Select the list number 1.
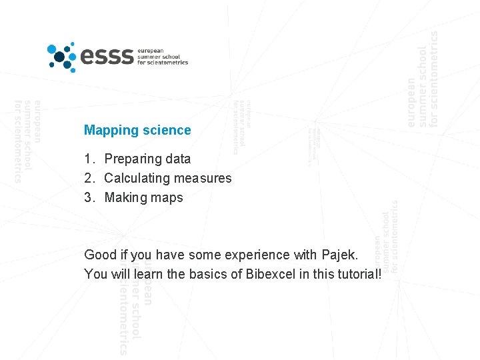click(89, 159)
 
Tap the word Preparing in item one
click(129, 159)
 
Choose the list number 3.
click(89, 198)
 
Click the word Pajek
click(339, 255)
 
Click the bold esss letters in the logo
click(107, 57)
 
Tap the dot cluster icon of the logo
click(62, 56)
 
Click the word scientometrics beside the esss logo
click(168, 63)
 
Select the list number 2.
click(89, 179)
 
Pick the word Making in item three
click(125, 198)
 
